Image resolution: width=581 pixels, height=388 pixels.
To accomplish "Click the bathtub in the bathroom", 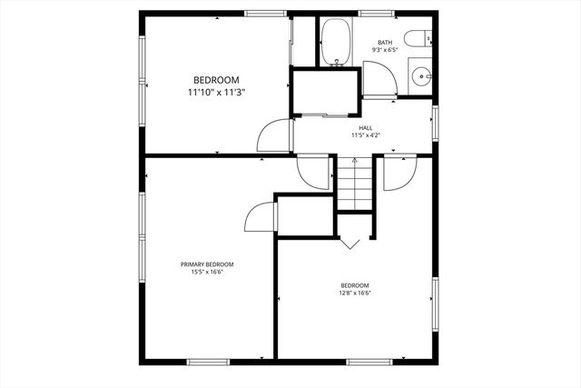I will (x=338, y=42).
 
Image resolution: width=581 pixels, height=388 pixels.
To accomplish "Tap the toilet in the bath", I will (x=418, y=39).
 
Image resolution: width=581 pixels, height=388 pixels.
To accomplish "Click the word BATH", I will (x=385, y=43).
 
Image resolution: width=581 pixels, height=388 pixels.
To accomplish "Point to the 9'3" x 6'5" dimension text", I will (x=385, y=51).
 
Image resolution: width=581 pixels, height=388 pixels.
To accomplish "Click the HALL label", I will (x=366, y=128).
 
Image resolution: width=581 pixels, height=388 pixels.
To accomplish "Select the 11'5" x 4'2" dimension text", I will (x=366, y=135).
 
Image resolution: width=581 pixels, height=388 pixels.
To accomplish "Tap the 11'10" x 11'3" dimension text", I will (x=216, y=93).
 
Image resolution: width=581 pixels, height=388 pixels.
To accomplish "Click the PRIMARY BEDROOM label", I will (x=207, y=264).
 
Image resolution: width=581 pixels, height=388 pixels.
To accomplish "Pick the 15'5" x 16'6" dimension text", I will (x=207, y=272).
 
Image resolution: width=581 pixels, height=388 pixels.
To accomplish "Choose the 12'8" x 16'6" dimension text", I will (x=355, y=293).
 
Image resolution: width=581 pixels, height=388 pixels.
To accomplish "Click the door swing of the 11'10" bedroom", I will (x=274, y=137).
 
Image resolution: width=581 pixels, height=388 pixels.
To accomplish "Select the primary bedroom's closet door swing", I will (x=261, y=218).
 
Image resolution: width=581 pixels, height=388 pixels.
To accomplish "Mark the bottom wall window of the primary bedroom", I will (x=212, y=362).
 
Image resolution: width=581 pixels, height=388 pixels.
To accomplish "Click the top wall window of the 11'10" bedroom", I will (x=266, y=13).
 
